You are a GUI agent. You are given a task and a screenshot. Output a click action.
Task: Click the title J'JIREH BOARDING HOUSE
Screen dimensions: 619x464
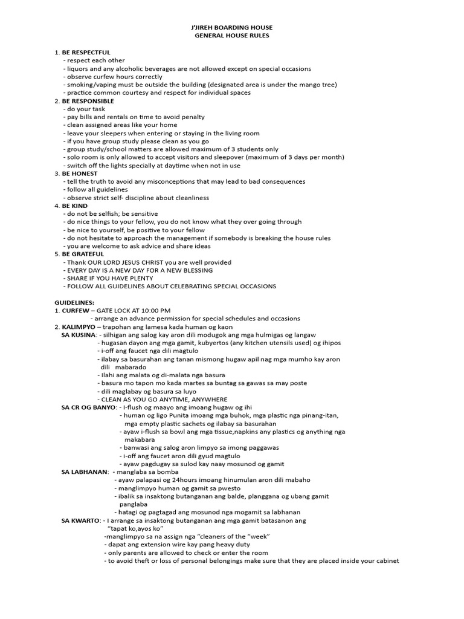pos(231,28)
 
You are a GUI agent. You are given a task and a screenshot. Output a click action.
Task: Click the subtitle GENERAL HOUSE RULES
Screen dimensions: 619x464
pos(231,36)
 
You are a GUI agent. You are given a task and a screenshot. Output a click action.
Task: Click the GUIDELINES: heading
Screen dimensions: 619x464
pos(74,302)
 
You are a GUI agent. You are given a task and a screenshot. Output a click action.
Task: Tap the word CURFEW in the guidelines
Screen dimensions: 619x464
pos(76,311)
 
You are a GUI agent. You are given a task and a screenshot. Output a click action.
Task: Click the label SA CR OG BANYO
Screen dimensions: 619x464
pos(89,407)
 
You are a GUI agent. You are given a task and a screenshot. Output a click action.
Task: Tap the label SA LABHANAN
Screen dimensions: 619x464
pos(85,472)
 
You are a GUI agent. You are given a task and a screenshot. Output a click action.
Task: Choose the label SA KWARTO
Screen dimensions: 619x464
pos(81,520)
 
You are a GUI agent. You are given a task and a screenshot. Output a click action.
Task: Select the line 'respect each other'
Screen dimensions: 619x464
pos(96,60)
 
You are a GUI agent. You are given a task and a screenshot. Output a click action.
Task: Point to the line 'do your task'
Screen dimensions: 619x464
pos(88,109)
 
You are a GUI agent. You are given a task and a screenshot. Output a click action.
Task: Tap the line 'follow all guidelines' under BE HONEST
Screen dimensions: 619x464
pos(97,189)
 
